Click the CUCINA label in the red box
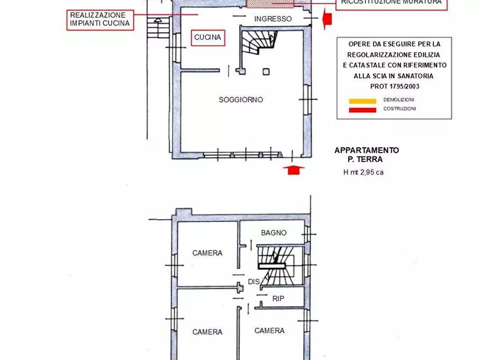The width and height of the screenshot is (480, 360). pos(207,37)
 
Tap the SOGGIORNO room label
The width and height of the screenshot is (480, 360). pos(241,100)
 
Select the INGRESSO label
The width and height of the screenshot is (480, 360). pos(273,19)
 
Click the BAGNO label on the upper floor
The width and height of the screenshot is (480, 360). pos(274,233)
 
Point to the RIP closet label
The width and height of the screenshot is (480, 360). pos(278,299)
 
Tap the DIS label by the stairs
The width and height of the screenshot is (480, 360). pos(254,282)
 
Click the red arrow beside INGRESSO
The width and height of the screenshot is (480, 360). pos(327,19)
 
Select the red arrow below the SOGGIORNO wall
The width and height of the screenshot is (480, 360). pos(293,170)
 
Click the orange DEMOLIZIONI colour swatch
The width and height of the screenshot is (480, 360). pos(362,100)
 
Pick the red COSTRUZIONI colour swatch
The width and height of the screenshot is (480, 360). pos(362,110)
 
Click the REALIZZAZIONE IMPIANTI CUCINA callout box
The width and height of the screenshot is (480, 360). pos(101,19)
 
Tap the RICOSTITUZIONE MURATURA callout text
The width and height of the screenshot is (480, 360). pos(391,3)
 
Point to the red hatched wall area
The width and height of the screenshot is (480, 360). pos(270,4)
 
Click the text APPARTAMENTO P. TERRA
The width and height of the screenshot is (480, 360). pos(367,155)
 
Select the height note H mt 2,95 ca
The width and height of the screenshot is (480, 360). pos(363,172)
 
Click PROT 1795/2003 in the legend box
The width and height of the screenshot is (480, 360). pos(395,87)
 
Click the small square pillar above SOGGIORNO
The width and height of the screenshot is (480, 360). pos(266,71)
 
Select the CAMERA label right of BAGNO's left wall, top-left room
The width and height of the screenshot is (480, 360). pos(207,253)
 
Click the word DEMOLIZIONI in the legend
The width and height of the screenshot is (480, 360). pos(399,100)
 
